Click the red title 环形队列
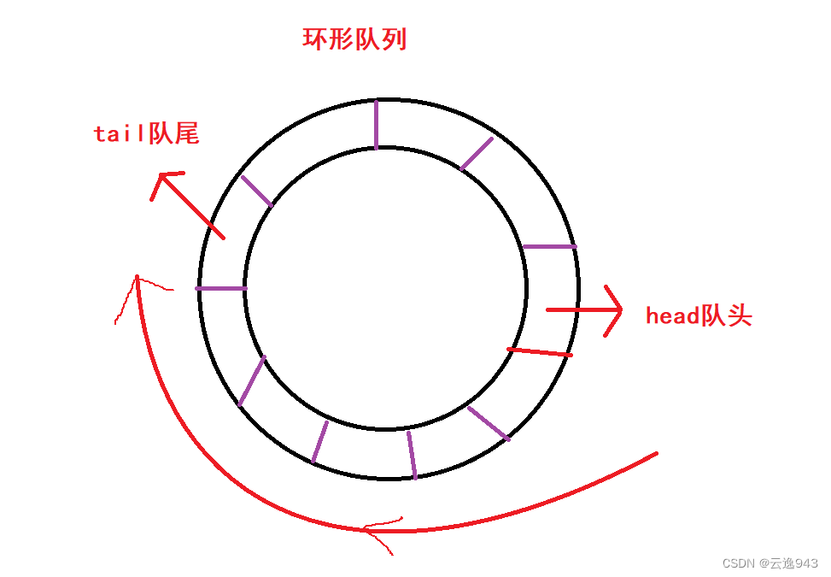[x=354, y=39]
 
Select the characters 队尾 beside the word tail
[x=173, y=133]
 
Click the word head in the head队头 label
[x=672, y=316]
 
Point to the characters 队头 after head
[x=726, y=316]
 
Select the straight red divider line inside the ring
[x=540, y=351]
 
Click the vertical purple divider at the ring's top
[x=376, y=124]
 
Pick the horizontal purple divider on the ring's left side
[x=221, y=288]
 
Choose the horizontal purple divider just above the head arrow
[x=549, y=246]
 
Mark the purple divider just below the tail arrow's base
[x=256, y=191]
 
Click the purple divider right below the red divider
[x=489, y=422]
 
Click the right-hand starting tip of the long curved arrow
[x=656, y=454]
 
